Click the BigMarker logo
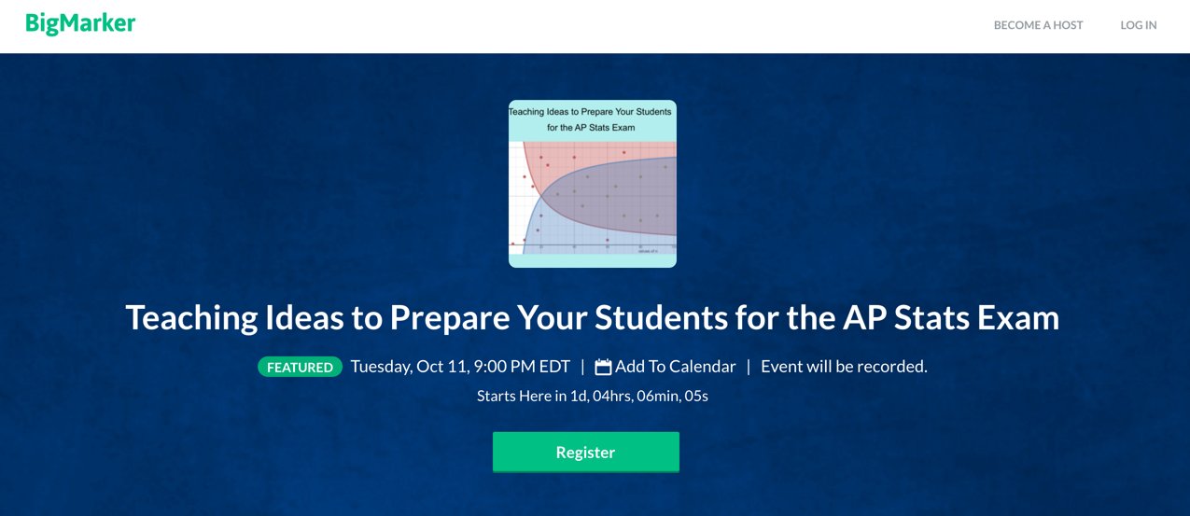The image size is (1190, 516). (x=80, y=23)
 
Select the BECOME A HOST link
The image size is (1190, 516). (x=1038, y=25)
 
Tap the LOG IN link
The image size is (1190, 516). (x=1138, y=25)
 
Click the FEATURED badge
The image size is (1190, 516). (x=300, y=367)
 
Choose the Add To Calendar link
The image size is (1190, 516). (x=675, y=367)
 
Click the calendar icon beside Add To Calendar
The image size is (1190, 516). (x=603, y=367)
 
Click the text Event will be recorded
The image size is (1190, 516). (x=844, y=367)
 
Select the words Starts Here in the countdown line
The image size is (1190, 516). (x=513, y=396)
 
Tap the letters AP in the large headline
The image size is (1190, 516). (x=854, y=318)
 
